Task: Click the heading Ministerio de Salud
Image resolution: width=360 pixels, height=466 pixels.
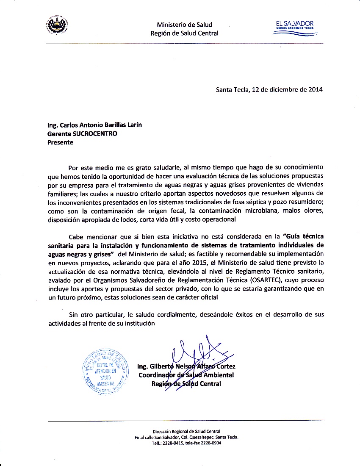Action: [184, 25]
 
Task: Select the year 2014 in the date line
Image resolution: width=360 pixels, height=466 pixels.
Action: [316, 89]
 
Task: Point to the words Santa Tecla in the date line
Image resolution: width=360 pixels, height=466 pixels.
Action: [231, 89]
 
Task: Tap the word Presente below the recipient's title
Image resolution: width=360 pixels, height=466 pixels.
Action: [60, 142]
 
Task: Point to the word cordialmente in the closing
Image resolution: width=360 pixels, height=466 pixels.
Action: [176, 314]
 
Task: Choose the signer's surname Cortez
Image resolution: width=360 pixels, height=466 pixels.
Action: [225, 366]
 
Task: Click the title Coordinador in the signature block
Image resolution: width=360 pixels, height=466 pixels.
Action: [157, 375]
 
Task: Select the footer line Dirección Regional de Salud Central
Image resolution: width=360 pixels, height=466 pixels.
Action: [186, 431]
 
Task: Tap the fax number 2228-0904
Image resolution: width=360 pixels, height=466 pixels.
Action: [212, 443]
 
